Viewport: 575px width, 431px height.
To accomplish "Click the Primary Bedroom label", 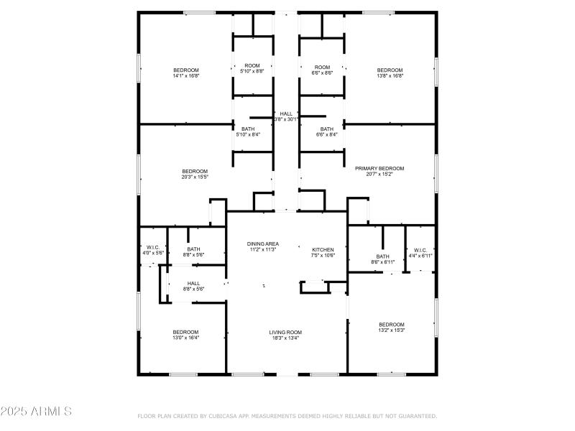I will [379, 168].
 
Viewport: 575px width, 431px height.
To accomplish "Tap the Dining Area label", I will [262, 244].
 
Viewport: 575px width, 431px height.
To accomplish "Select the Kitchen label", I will [323, 249].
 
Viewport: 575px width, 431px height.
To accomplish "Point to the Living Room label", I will [285, 333].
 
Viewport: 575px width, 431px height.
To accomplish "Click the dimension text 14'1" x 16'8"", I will [185, 75].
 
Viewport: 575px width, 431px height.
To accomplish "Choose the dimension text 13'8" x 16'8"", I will [390, 75].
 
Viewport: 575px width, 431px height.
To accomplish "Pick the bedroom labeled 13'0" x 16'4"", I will [185, 335].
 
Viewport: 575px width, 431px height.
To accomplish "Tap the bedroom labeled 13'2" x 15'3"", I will [392, 328].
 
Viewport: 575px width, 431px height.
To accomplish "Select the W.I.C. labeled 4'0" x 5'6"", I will [152, 250].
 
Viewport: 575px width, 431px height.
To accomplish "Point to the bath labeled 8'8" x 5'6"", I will [194, 252].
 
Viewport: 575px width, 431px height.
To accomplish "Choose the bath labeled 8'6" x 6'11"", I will [382, 259].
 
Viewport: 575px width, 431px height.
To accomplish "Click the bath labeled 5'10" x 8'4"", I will [248, 131].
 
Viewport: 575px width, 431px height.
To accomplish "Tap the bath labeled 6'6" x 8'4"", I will [327, 131].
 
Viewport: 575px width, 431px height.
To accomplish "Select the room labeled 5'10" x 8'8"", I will [252, 69].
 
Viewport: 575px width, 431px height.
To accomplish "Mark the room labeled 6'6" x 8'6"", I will [322, 69].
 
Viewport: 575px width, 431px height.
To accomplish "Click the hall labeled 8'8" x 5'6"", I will [194, 286].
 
